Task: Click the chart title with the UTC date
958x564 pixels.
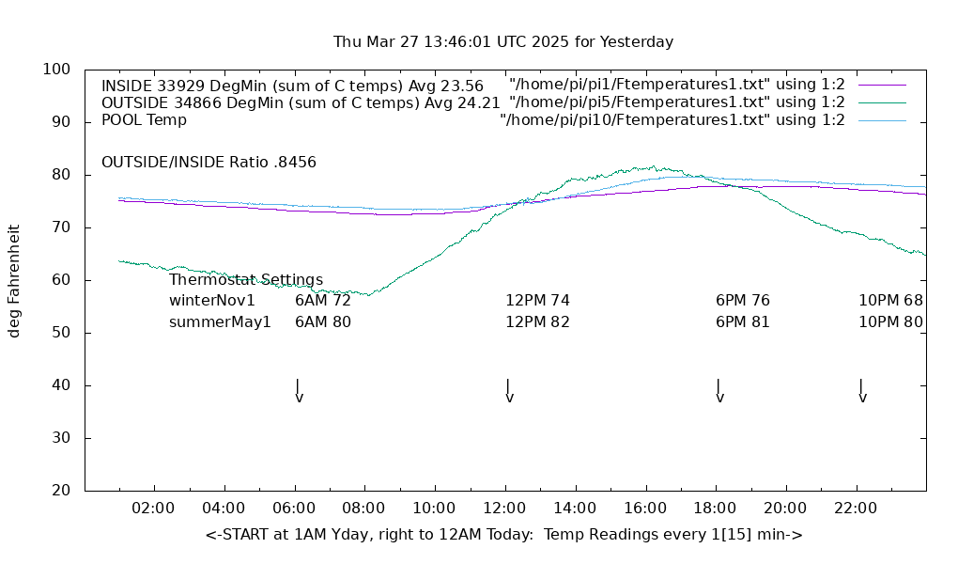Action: pos(503,42)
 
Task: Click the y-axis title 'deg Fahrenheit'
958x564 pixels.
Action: pos(14,280)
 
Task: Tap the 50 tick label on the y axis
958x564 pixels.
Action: pos(62,333)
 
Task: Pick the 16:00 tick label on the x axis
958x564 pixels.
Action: pos(645,509)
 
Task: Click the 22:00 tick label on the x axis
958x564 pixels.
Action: pos(856,509)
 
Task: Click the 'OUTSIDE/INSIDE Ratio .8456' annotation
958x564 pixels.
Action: pos(209,162)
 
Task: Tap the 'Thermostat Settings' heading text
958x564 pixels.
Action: pos(246,280)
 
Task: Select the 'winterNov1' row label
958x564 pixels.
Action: pos(212,301)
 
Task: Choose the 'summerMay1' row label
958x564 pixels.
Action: pos(220,321)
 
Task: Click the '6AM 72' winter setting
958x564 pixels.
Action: pos(323,301)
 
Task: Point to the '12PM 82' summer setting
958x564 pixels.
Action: pos(537,321)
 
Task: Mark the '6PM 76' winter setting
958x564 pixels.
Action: pos(743,301)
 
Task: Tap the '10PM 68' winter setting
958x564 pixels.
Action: pos(890,301)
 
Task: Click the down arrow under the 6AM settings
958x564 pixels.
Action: pos(298,391)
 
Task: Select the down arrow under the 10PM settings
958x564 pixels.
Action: pos(861,391)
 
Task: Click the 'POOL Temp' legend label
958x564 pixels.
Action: pos(144,120)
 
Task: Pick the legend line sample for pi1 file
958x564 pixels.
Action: pos(882,85)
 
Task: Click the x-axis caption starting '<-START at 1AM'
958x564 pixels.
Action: pos(503,535)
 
